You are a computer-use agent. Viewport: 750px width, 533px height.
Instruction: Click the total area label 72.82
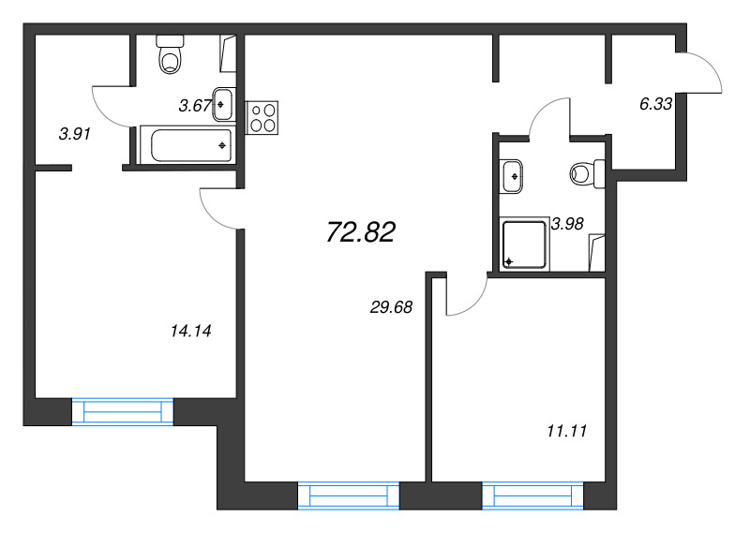click(361, 232)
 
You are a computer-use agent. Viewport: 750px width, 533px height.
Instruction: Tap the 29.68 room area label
click(391, 307)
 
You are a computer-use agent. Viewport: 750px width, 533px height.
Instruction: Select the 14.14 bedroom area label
click(191, 331)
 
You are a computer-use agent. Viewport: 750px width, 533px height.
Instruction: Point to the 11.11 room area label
click(567, 431)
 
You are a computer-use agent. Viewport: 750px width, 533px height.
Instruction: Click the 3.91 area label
click(75, 134)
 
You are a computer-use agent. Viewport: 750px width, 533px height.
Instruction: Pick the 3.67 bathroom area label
click(195, 106)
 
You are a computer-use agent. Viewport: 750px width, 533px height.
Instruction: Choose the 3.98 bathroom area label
click(567, 224)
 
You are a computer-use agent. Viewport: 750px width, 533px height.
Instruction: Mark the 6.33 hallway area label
click(655, 104)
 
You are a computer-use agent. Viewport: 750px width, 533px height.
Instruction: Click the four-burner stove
click(262, 118)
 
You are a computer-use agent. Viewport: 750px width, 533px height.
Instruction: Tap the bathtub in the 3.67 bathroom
click(188, 145)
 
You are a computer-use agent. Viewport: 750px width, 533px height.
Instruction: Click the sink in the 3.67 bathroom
click(224, 104)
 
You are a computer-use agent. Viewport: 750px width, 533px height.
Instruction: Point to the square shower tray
click(524, 244)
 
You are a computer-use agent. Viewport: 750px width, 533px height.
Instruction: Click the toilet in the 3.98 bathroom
click(588, 174)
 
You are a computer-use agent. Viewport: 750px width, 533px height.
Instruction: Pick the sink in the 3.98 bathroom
click(511, 176)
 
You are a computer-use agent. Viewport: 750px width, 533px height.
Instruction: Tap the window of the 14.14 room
click(123, 411)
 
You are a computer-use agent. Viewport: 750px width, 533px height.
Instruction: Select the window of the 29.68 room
click(349, 496)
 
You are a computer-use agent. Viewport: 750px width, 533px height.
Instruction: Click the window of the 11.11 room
click(532, 496)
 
